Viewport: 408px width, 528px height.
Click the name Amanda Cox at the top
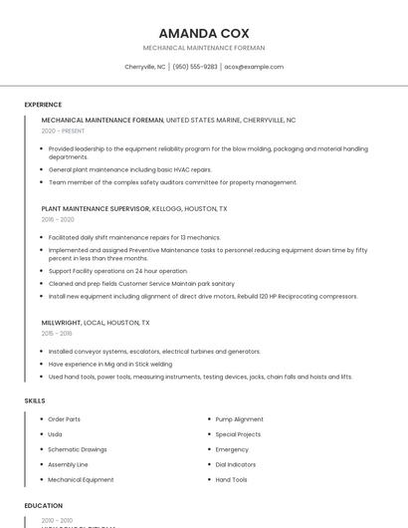coord(204,33)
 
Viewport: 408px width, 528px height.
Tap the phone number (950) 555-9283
coord(195,67)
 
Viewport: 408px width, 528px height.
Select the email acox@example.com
coord(254,67)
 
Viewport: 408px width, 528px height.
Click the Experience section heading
coord(43,105)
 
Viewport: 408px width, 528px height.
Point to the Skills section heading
coord(35,400)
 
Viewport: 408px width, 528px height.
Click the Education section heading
coord(44,506)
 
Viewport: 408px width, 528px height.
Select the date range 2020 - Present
coord(63,131)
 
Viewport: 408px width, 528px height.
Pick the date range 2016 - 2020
coord(58,219)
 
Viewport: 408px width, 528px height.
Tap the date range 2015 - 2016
coord(58,334)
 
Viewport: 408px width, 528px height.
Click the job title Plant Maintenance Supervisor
coord(96,209)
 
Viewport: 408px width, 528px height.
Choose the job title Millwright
coord(61,323)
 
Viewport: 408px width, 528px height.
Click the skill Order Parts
coord(65,419)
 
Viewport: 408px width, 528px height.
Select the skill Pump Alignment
coord(240,419)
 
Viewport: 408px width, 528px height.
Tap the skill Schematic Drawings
coord(78,449)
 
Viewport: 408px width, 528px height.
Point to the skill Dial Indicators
coord(237,464)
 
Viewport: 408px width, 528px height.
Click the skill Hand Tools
coord(232,479)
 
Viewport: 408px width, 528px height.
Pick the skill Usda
coord(55,434)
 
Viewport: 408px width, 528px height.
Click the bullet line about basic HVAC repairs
coord(130,170)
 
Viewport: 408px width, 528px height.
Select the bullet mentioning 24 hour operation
coord(117,271)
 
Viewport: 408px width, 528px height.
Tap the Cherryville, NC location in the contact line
coord(145,67)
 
